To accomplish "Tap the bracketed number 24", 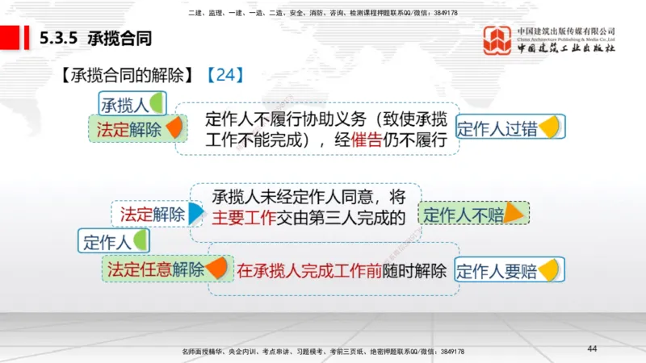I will pos(224,75).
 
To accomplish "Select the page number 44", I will pos(592,348).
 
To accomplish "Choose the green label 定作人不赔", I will pos(464,215).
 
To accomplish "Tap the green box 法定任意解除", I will pos(156,269).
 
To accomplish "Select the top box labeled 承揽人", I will pos(125,104).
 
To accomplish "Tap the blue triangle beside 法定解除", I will pos(195,214).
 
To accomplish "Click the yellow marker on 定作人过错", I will pos(549,127).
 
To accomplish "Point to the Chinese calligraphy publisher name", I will pos(565,48).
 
